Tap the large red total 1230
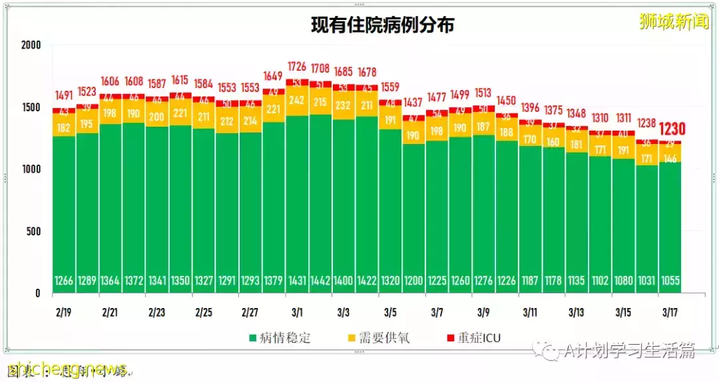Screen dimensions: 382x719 click(x=672, y=129)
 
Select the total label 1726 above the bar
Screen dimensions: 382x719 click(x=296, y=67)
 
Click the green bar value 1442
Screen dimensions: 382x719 click(x=320, y=281)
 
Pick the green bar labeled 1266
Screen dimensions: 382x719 click(x=64, y=281)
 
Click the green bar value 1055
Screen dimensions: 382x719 click(x=670, y=281)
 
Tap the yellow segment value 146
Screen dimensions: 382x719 click(x=670, y=159)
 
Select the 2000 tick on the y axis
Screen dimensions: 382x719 click(x=31, y=45)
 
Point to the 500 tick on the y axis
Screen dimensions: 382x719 click(x=33, y=231)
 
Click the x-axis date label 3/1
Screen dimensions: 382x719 click(x=296, y=312)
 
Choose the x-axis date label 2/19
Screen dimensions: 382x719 click(x=64, y=312)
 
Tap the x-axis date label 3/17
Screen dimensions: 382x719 click(x=670, y=312)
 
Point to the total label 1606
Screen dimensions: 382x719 click(x=110, y=82)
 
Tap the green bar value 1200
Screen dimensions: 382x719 click(x=413, y=281)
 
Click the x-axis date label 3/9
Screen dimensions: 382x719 click(x=483, y=312)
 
